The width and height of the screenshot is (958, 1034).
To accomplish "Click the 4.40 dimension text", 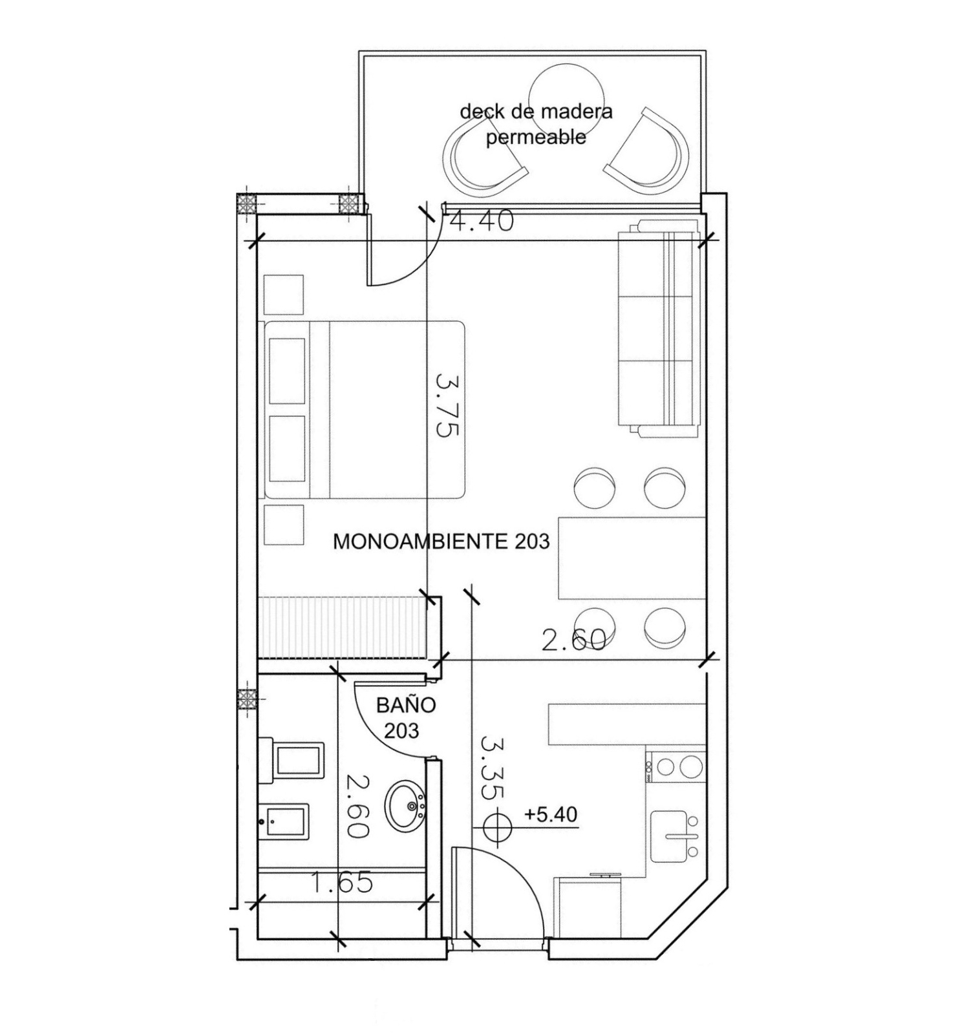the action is [482, 221].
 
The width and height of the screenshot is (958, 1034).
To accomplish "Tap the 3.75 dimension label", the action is [447, 404].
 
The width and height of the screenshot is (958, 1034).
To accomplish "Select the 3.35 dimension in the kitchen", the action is [493, 767].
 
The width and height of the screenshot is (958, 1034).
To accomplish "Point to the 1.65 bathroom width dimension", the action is [342, 882].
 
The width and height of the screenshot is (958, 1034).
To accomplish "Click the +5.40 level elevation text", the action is [551, 814].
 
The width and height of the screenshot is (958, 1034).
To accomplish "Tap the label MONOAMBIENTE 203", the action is [441, 541].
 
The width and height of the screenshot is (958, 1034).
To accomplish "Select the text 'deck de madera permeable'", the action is [536, 123].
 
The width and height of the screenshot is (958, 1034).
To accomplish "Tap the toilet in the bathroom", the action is [292, 761].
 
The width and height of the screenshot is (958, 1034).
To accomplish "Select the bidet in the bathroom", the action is [284, 821].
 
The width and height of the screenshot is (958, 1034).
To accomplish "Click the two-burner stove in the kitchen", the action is [676, 766].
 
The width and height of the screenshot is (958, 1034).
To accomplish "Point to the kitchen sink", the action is [674, 836].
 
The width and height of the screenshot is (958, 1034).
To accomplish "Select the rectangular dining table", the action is [632, 558].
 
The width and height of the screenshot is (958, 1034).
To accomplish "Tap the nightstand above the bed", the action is [284, 295].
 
